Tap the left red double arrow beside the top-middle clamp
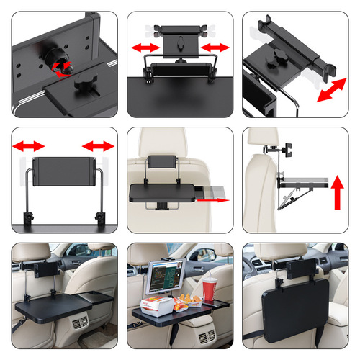[x=144, y=48]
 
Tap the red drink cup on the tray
[x=210, y=289]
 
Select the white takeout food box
[x=159, y=305]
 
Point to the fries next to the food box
[x=188, y=297]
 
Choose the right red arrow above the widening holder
[x=99, y=147]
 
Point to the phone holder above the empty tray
[x=45, y=267]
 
